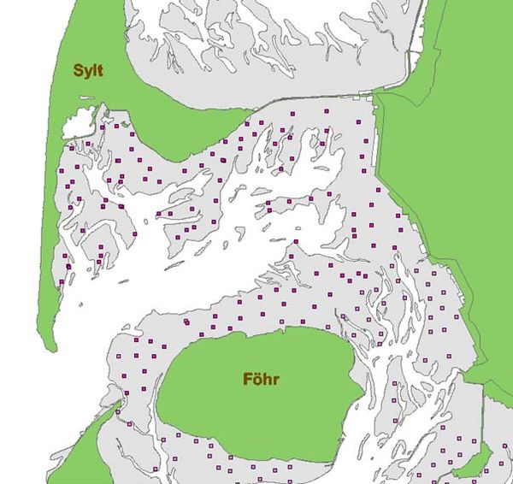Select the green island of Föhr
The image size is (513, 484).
tap(256, 402)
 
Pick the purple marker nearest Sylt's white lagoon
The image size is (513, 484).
tap(103, 126)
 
